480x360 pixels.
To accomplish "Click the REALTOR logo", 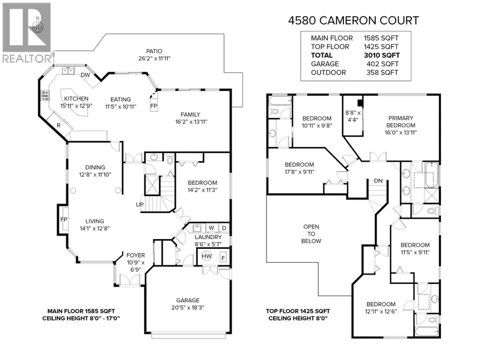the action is [x=27, y=33].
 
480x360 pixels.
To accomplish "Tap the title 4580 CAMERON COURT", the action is [x=354, y=20].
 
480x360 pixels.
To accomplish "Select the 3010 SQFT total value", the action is [x=382, y=55].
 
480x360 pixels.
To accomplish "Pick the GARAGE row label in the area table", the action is [x=325, y=64].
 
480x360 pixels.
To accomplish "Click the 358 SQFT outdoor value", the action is [x=382, y=73].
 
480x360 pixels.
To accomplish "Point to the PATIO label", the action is [x=154, y=51].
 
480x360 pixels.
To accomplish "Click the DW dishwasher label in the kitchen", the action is [x=85, y=75].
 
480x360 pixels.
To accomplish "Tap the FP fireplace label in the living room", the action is [x=63, y=219].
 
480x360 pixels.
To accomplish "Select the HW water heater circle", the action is [x=207, y=256].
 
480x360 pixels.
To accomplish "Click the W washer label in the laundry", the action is [x=211, y=228].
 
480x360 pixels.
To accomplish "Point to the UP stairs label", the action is [x=140, y=204].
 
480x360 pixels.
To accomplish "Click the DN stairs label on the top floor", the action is [x=378, y=181].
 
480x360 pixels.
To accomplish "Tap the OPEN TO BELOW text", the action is [x=311, y=234].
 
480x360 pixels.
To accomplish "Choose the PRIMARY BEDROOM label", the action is [x=401, y=122].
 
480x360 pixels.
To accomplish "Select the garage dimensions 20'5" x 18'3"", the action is [x=188, y=308].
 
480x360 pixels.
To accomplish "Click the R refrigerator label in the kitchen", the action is [x=58, y=125].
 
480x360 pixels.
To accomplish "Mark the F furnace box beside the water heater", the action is [x=223, y=258].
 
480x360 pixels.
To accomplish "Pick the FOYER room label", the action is [x=136, y=255].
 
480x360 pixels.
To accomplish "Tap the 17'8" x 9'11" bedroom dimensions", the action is [x=300, y=172].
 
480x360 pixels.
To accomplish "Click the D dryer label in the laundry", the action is [x=224, y=228].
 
